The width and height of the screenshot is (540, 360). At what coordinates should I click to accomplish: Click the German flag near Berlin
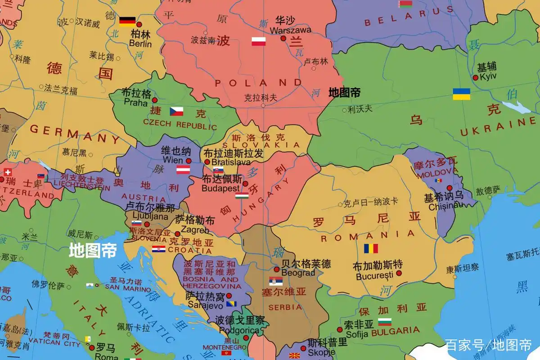click(x=127, y=21)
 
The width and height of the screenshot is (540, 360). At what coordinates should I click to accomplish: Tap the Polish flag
click(x=258, y=41)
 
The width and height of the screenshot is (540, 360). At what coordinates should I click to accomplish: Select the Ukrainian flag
click(x=461, y=94)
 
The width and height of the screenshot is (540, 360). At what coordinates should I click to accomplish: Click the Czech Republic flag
click(x=176, y=111)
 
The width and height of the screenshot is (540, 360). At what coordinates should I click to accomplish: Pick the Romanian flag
click(x=371, y=248)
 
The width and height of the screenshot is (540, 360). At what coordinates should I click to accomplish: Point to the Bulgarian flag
click(x=385, y=322)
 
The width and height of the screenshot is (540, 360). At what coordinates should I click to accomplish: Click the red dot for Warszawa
click(x=283, y=39)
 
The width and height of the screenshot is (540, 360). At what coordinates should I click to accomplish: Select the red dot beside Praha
click(x=154, y=100)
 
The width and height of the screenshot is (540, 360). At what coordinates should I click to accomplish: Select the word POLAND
click(x=258, y=83)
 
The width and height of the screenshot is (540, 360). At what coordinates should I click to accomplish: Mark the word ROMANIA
click(x=368, y=236)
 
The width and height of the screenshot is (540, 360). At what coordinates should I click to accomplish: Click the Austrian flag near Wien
click(x=183, y=170)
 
